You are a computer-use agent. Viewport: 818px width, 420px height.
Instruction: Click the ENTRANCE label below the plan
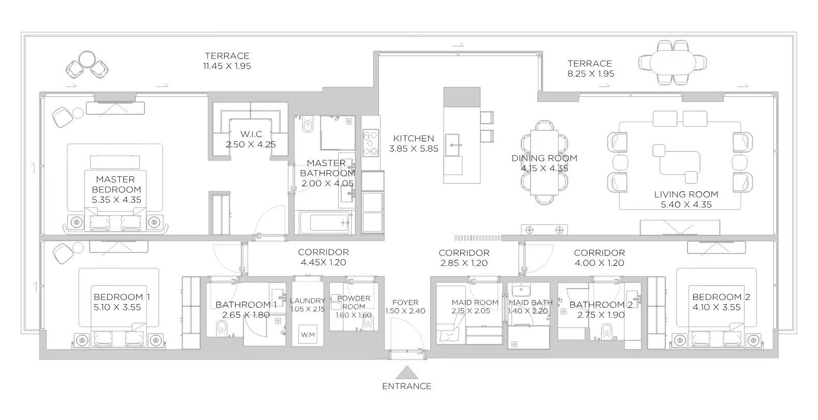[x=407, y=386]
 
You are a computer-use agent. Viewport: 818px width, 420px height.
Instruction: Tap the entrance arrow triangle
[x=407, y=372]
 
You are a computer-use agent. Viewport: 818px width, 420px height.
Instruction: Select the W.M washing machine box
[x=308, y=334]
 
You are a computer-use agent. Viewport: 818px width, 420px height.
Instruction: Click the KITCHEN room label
[x=414, y=138]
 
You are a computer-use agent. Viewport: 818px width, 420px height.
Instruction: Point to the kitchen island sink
[x=452, y=145]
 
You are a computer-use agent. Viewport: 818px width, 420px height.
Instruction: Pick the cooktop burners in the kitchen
[x=371, y=143]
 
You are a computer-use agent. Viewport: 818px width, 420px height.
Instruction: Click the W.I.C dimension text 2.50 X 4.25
[x=251, y=144]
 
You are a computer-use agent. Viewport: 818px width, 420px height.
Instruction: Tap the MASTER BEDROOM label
[x=116, y=184]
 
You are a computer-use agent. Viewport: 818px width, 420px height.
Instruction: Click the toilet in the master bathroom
[x=308, y=124]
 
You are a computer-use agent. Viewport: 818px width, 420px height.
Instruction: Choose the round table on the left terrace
[x=87, y=59]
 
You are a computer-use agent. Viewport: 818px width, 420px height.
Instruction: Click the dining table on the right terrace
[x=673, y=63]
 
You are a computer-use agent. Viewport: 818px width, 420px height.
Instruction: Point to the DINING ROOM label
[x=545, y=158]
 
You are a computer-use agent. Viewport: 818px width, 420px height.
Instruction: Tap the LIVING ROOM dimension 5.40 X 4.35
[x=686, y=204]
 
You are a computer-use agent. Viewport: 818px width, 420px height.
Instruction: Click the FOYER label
[x=405, y=303]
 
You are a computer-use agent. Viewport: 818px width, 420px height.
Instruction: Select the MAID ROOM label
[x=475, y=303]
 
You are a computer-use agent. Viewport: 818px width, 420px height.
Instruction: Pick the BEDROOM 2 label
[x=721, y=297]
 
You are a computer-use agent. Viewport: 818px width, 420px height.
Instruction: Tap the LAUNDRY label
[x=308, y=301]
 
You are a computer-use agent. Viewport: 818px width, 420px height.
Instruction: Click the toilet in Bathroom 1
[x=222, y=328]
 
